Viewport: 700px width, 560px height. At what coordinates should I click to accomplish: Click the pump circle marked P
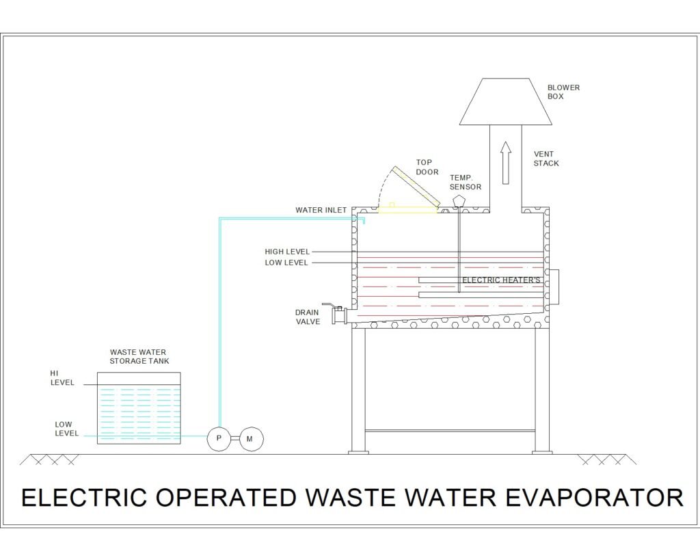point(219,438)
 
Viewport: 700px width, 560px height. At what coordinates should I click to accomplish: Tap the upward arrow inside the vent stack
point(505,163)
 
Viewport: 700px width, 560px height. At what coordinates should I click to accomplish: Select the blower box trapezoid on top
point(506,101)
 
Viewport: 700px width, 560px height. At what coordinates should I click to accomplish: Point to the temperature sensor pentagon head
point(459,200)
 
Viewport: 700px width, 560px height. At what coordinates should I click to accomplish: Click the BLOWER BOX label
point(563,92)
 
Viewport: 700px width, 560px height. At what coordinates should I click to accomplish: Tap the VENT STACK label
point(546,159)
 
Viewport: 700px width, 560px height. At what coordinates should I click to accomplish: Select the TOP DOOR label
point(427,167)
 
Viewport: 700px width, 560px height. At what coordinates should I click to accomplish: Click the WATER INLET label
point(321,210)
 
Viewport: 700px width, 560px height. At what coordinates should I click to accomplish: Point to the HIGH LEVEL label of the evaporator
point(287,252)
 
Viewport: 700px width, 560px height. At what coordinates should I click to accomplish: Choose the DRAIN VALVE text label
point(308,317)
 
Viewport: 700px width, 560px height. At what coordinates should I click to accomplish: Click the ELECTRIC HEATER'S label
point(501,280)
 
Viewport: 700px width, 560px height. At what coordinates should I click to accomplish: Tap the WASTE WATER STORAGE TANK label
point(139,356)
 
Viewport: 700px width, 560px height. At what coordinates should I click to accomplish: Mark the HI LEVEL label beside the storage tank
point(62,378)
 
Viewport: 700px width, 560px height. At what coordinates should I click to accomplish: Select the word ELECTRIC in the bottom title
point(84,497)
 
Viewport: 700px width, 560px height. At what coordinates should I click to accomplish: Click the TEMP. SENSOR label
point(465,182)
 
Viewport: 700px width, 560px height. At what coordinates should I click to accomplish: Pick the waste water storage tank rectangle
point(139,408)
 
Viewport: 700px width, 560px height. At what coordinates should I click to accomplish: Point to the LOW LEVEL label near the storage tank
point(66,429)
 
